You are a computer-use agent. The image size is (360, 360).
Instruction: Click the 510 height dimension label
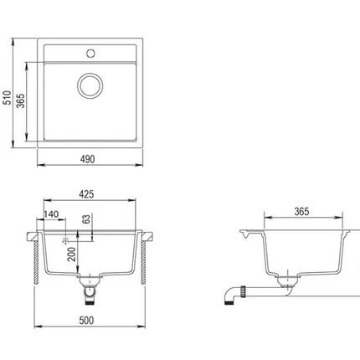(x=8, y=98)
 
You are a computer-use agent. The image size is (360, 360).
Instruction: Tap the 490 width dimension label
(x=88, y=159)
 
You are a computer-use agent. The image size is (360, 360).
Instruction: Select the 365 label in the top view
(x=20, y=100)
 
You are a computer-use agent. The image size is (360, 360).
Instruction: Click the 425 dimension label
(x=86, y=194)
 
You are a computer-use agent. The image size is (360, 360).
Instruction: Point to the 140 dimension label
(x=51, y=214)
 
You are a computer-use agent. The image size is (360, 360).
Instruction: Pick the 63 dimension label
(x=87, y=219)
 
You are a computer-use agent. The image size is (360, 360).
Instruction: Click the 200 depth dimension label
(x=72, y=254)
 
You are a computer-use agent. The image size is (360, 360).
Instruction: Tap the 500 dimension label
(x=86, y=321)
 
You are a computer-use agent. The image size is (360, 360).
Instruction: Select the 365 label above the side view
(x=301, y=212)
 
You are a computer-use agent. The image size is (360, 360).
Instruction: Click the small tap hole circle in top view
(x=90, y=54)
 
